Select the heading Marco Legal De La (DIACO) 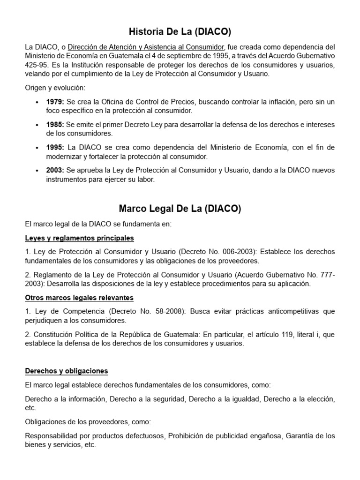pos(180,209)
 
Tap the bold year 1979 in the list pos(55,102)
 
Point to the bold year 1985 pos(55,124)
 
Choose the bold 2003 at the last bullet pos(55,170)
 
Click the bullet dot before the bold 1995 pos(37,148)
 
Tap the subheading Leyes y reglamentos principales pos(79,238)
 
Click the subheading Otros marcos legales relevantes pos(79,298)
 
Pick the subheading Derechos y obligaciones pos(66,371)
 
